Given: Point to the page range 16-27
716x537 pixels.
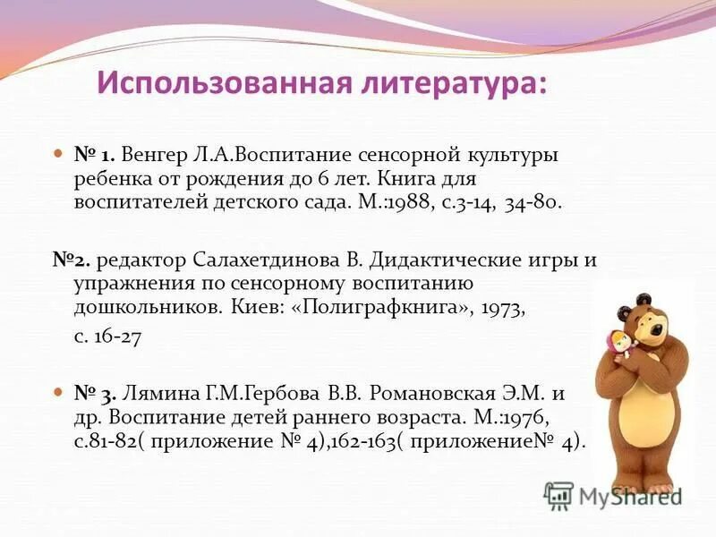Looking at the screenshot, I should [x=107, y=339].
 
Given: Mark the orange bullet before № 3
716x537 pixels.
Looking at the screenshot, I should [x=58, y=394].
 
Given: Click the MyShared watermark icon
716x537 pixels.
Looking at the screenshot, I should [x=558, y=495].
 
